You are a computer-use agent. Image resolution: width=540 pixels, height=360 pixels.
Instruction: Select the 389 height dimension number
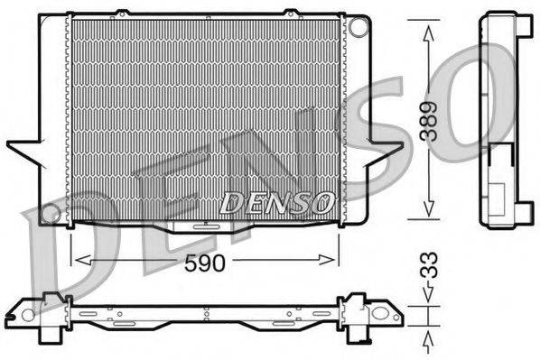click(433, 121)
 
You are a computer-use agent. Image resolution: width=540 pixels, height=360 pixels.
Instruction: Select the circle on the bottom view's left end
click(28, 315)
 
